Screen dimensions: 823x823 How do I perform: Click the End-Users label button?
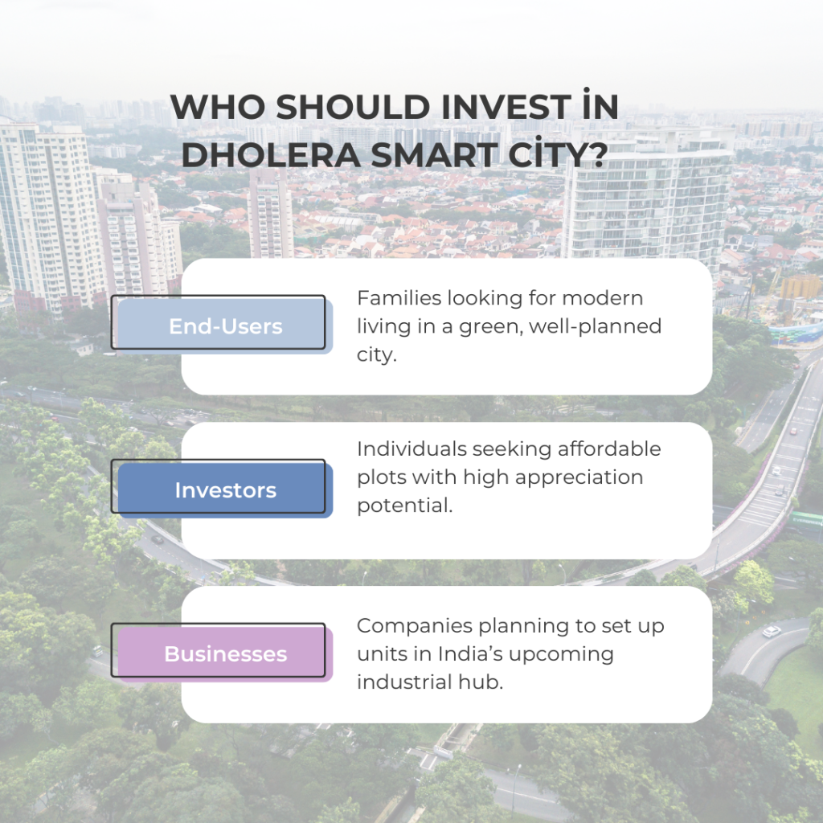tap(225, 326)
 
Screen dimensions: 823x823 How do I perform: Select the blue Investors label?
tap(225, 490)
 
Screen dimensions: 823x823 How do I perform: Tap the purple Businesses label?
tap(225, 654)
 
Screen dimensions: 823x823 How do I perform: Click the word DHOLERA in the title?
tap(271, 155)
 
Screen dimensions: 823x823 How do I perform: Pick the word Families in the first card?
tap(399, 298)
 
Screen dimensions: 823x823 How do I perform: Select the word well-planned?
tap(596, 326)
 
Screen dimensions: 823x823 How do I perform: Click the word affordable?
tap(609, 449)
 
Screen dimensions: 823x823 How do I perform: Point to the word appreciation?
tap(569, 478)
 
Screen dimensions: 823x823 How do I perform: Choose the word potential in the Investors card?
tap(405, 506)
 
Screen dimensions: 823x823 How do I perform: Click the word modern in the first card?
tap(603, 298)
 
